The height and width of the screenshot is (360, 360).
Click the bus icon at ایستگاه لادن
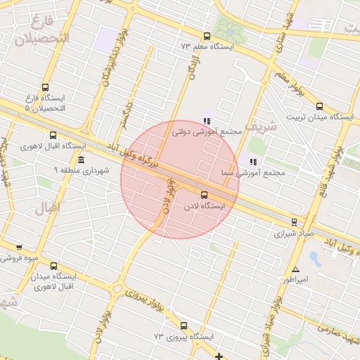click(205, 195)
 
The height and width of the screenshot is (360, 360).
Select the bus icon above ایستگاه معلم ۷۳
click(206, 36)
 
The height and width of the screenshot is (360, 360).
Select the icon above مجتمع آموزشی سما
click(252, 162)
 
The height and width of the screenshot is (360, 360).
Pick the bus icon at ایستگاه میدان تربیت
click(320, 107)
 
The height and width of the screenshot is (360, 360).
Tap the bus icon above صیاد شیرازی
click(295, 221)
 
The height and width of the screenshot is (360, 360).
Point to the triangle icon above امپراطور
click(295, 269)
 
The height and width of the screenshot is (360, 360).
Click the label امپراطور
click(295, 280)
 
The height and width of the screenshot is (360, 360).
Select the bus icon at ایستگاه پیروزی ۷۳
click(184, 326)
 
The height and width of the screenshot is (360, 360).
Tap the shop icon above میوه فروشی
click(18, 247)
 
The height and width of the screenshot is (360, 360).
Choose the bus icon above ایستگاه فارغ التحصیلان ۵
click(46, 88)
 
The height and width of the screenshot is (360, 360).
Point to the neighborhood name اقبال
click(48, 208)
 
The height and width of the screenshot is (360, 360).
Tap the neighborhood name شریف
click(262, 127)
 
